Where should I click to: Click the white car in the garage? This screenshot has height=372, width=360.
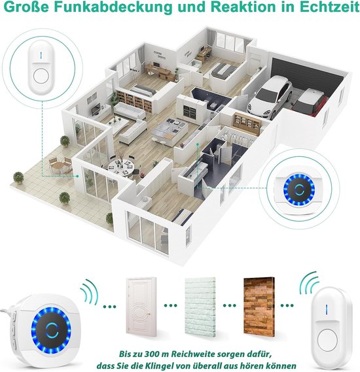pos(270,95)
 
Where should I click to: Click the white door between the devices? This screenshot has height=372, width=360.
pos(141,307)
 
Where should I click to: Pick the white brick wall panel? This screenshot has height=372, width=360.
pos(200,307)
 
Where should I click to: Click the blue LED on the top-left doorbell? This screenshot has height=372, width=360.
pos(41,56)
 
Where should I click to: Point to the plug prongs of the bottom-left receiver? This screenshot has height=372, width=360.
pos(5,310)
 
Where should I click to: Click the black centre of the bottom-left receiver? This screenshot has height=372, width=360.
pos(51,330)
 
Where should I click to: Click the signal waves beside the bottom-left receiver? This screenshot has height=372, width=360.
pos(89,291)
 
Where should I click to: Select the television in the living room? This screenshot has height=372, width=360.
pos(96,110)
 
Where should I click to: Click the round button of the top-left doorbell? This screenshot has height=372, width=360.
pos(41,76)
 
